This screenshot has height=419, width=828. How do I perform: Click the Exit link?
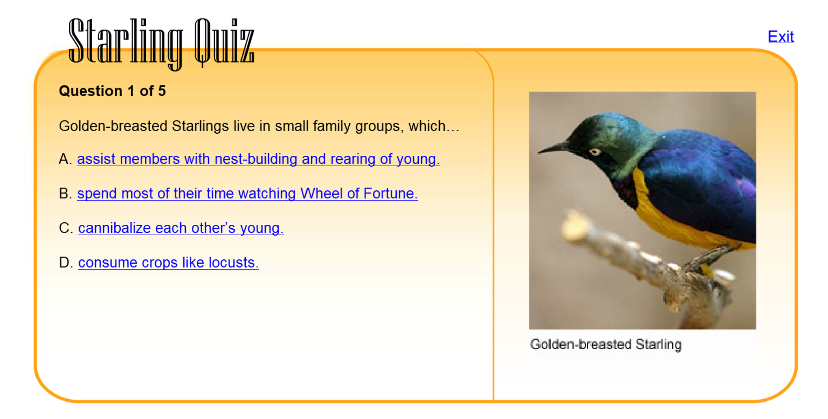tap(781, 37)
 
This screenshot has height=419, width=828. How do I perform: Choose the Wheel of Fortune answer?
tap(247, 194)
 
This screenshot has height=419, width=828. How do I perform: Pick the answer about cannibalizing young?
tap(181, 228)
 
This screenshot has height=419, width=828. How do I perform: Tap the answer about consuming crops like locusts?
tap(168, 263)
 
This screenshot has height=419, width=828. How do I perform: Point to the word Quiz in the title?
tap(224, 42)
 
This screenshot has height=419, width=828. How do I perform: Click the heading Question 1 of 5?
tap(112, 91)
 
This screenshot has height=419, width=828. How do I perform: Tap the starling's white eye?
tap(595, 152)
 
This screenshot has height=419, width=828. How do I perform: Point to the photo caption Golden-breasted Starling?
tap(605, 344)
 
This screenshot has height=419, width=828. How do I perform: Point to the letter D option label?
tap(64, 263)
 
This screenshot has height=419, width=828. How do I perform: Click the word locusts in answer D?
tap(233, 263)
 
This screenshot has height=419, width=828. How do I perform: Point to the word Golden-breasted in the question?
tap(113, 126)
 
